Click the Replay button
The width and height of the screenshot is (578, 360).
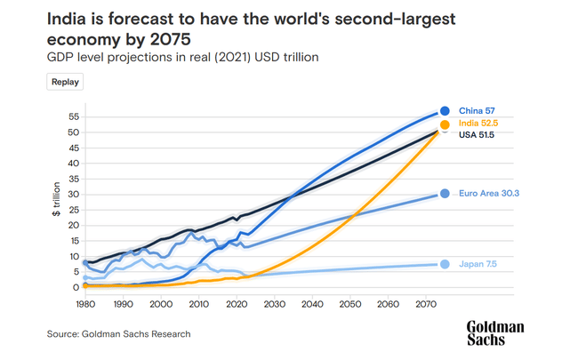click(65, 82)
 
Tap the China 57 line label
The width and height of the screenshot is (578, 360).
click(476, 111)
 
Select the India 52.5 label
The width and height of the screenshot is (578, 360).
click(478, 123)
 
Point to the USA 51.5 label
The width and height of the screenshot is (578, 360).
click(477, 135)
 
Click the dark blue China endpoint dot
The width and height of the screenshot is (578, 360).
click(445, 111)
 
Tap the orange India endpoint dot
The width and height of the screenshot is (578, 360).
click(446, 125)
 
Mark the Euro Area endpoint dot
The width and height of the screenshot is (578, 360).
click(445, 194)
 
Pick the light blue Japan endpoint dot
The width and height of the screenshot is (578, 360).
click(445, 264)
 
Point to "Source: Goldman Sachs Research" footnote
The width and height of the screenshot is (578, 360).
click(118, 334)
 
